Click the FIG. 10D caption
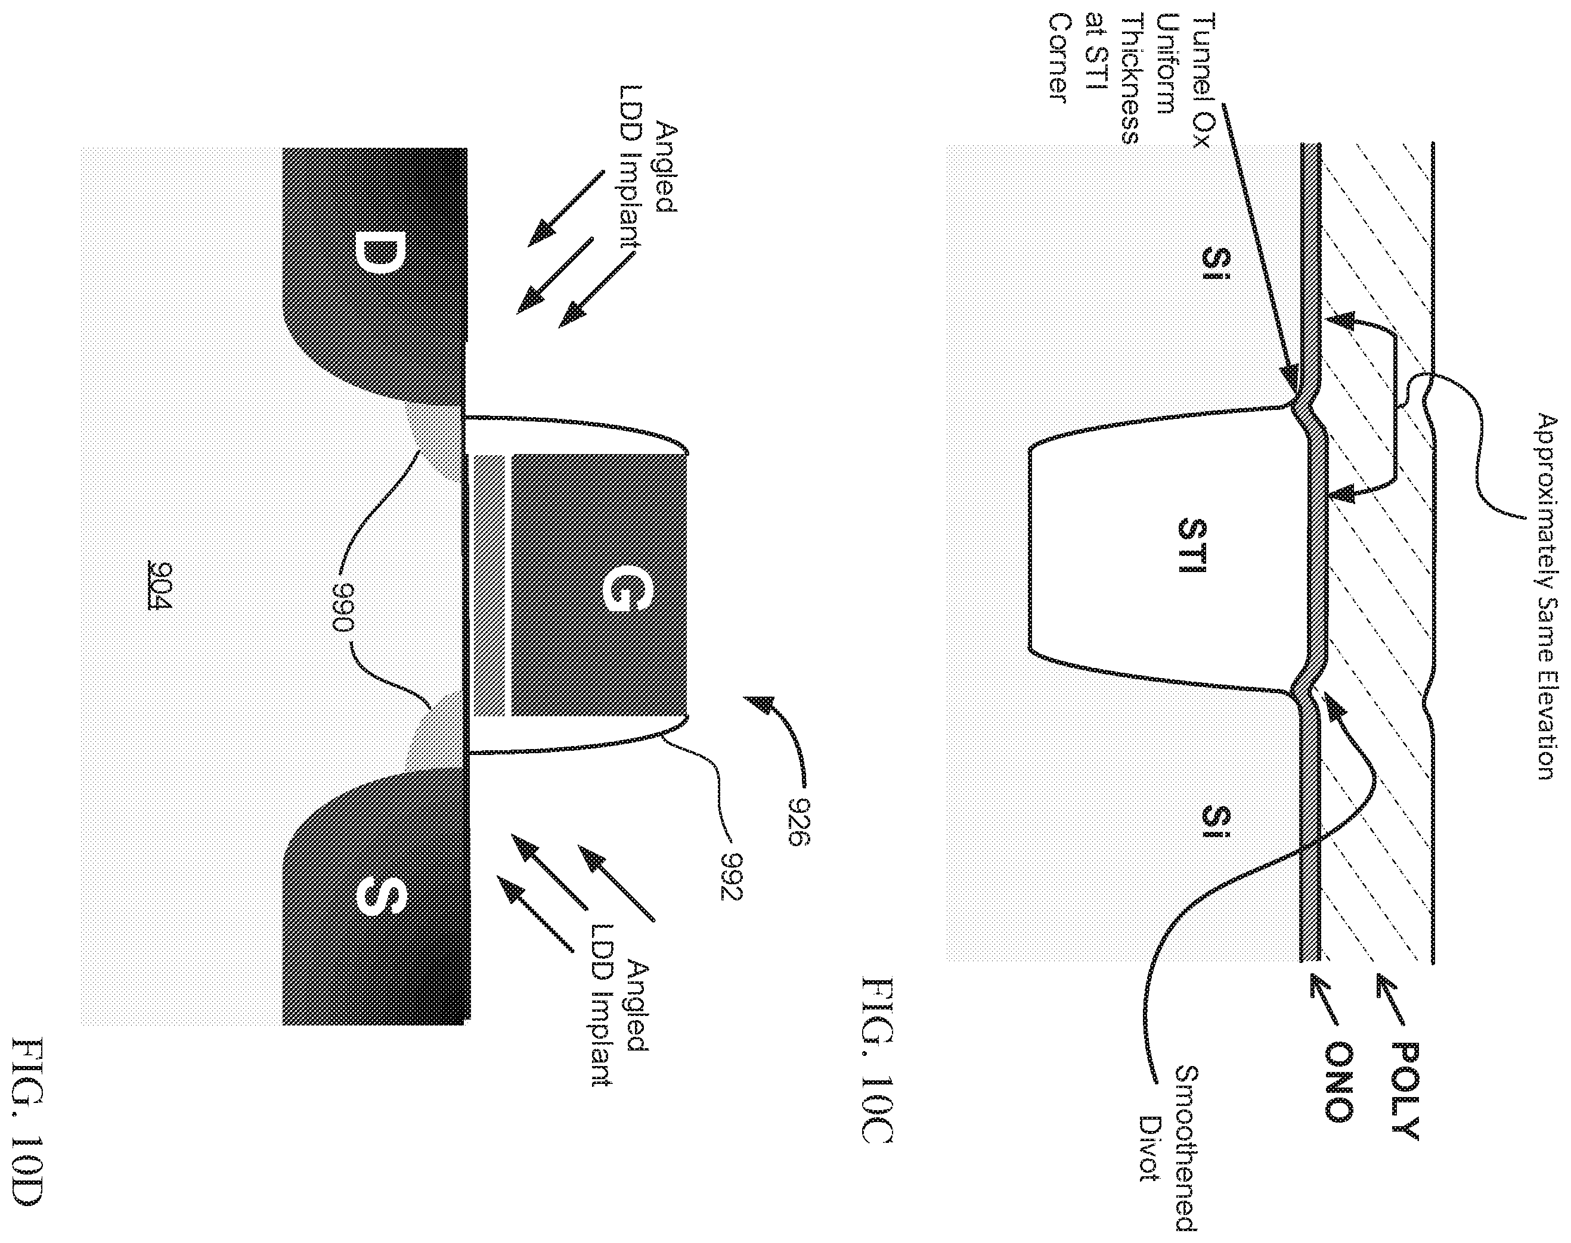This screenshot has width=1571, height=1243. click(x=29, y=1135)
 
